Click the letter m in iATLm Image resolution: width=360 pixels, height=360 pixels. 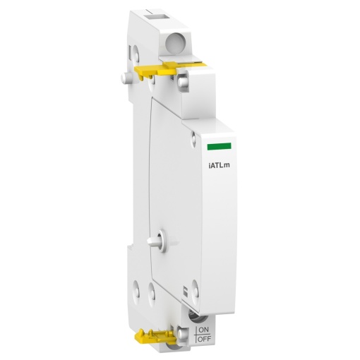[232, 166]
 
